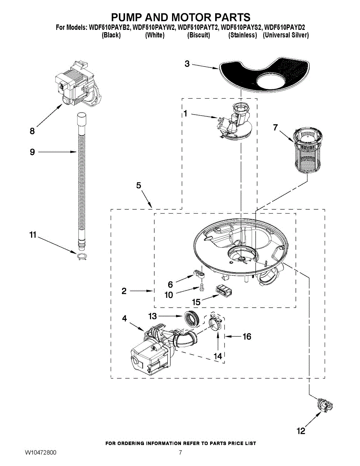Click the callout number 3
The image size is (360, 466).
point(187,64)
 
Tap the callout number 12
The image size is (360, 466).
point(301,431)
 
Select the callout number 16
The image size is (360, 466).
point(247,337)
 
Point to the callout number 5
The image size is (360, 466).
point(139,186)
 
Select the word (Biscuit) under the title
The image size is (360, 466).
point(198,35)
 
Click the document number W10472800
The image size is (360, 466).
point(40,453)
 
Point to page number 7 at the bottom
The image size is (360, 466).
point(180,453)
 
